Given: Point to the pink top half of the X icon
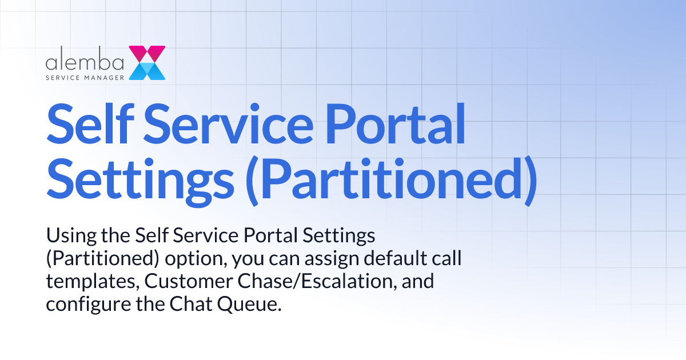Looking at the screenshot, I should (x=147, y=54).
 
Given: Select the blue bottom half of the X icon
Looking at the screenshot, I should (x=147, y=71).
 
